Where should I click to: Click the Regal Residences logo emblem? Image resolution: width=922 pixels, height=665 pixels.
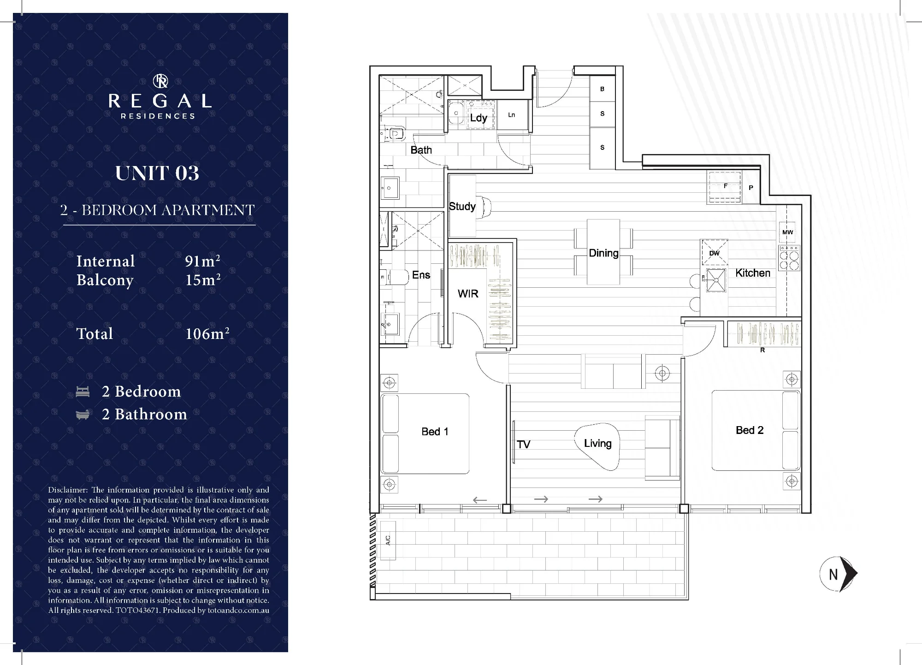pyautogui.click(x=160, y=82)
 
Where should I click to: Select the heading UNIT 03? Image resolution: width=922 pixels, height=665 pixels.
pyautogui.click(x=157, y=173)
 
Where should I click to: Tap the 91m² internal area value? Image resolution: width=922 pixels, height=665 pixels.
pyautogui.click(x=202, y=261)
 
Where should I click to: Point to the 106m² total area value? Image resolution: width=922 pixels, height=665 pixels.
pyautogui.click(x=207, y=333)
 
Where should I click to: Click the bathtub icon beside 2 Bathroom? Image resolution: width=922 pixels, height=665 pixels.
pyautogui.click(x=83, y=415)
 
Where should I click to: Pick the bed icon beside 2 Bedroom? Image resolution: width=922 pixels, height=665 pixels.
pyautogui.click(x=83, y=392)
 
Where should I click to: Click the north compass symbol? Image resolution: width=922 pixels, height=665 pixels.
pyautogui.click(x=839, y=574)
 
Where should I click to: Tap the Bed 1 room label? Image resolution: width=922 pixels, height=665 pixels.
pyautogui.click(x=435, y=432)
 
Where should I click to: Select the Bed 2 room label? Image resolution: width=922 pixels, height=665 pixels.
pyautogui.click(x=750, y=430)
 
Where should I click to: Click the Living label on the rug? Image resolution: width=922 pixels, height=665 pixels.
pyautogui.click(x=597, y=443)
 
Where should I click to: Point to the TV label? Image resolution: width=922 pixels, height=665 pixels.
pyautogui.click(x=524, y=445)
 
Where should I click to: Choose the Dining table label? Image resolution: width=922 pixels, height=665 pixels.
pyautogui.click(x=603, y=253)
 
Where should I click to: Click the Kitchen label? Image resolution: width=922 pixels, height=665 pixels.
pyautogui.click(x=753, y=273)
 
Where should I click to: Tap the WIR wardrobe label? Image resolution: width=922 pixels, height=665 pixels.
pyautogui.click(x=468, y=294)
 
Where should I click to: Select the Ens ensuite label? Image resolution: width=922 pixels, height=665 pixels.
pyautogui.click(x=421, y=275)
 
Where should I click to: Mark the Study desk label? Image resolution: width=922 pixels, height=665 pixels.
pyautogui.click(x=462, y=206)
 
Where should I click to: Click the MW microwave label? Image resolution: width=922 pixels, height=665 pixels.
pyautogui.click(x=787, y=232)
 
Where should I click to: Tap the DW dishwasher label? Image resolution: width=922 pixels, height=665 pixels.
pyautogui.click(x=714, y=253)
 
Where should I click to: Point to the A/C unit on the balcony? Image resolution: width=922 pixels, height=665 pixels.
pyautogui.click(x=388, y=540)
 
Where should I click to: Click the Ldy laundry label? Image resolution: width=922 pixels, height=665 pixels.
pyautogui.click(x=479, y=118)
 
